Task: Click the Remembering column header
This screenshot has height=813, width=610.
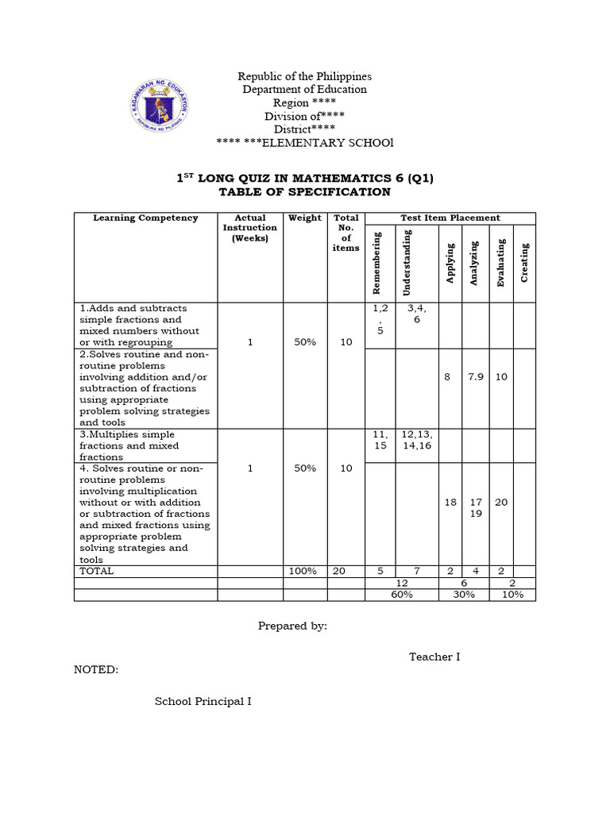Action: [377, 263]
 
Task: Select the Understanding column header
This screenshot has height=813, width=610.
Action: [407, 263]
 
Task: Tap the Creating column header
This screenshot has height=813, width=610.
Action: [524, 263]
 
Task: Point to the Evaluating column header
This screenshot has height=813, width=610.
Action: [500, 263]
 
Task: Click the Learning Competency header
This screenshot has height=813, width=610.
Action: [145, 218]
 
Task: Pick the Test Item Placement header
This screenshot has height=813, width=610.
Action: [450, 218]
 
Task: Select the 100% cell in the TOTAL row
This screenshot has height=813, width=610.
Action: [304, 571]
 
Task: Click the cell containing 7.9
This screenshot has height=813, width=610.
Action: [476, 377]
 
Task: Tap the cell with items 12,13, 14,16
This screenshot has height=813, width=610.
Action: [416, 441]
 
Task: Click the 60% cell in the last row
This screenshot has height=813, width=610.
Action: [402, 595]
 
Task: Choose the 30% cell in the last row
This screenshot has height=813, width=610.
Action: [464, 595]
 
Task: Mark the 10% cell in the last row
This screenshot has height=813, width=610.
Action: [512, 595]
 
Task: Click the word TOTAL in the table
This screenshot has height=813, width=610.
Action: [97, 571]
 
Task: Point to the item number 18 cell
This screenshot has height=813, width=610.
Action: [450, 503]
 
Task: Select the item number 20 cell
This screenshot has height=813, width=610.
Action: [501, 503]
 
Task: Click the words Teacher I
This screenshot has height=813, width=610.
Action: [434, 657]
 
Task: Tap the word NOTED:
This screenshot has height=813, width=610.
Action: [96, 669]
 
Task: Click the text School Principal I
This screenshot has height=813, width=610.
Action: [203, 702]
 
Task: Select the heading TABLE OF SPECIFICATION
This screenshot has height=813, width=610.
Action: [305, 192]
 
